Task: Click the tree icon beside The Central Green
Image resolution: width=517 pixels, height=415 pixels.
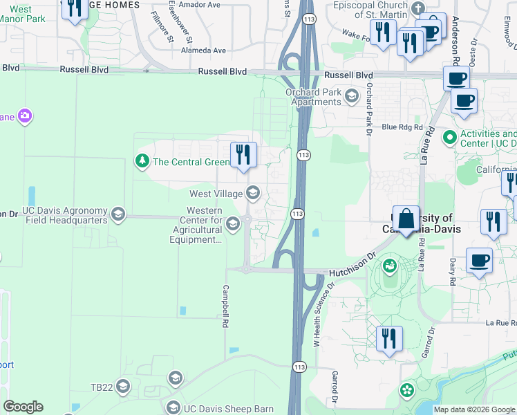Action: [142, 162]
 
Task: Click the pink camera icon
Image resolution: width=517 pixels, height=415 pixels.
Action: [25, 116]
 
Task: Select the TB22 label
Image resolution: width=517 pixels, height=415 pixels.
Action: [101, 387]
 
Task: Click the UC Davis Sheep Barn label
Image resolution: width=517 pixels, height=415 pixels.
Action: [228, 408]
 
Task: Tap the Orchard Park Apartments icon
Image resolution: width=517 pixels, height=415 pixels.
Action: [352, 95]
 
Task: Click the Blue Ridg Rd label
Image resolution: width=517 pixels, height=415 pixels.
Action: [401, 127]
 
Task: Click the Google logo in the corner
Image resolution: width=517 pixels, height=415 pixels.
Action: [23, 407]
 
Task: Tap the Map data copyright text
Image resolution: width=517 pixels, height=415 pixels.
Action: [474, 409]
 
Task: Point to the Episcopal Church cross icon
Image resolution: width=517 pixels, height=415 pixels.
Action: [416, 8]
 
